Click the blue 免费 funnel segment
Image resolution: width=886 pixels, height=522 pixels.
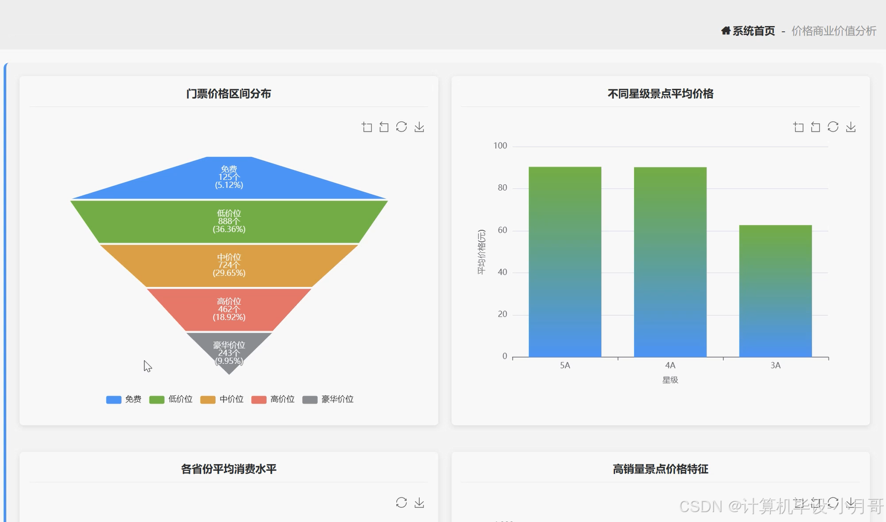click(x=229, y=177)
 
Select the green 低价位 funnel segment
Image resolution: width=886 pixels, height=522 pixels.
click(x=229, y=222)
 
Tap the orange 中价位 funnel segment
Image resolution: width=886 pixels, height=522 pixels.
click(x=229, y=266)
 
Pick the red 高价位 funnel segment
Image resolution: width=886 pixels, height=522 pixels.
click(x=229, y=310)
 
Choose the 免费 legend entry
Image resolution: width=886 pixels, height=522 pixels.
click(x=124, y=399)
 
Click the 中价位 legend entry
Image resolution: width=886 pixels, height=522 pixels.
click(x=222, y=399)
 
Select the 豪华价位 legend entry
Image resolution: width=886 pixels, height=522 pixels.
click(x=328, y=399)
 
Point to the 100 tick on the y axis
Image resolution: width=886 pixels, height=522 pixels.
click(x=500, y=146)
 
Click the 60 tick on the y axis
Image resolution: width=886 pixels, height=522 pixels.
click(x=502, y=230)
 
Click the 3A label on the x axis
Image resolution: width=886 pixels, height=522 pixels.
click(x=775, y=365)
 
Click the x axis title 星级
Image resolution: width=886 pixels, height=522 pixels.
click(x=670, y=380)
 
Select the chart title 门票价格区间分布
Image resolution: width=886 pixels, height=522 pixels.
click(x=228, y=94)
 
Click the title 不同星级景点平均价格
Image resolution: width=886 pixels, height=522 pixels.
click(x=660, y=94)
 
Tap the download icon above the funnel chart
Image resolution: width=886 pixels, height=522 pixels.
click(x=419, y=127)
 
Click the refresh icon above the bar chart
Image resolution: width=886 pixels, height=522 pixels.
click(x=833, y=127)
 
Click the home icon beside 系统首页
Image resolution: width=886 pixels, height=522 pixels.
click(x=725, y=31)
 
